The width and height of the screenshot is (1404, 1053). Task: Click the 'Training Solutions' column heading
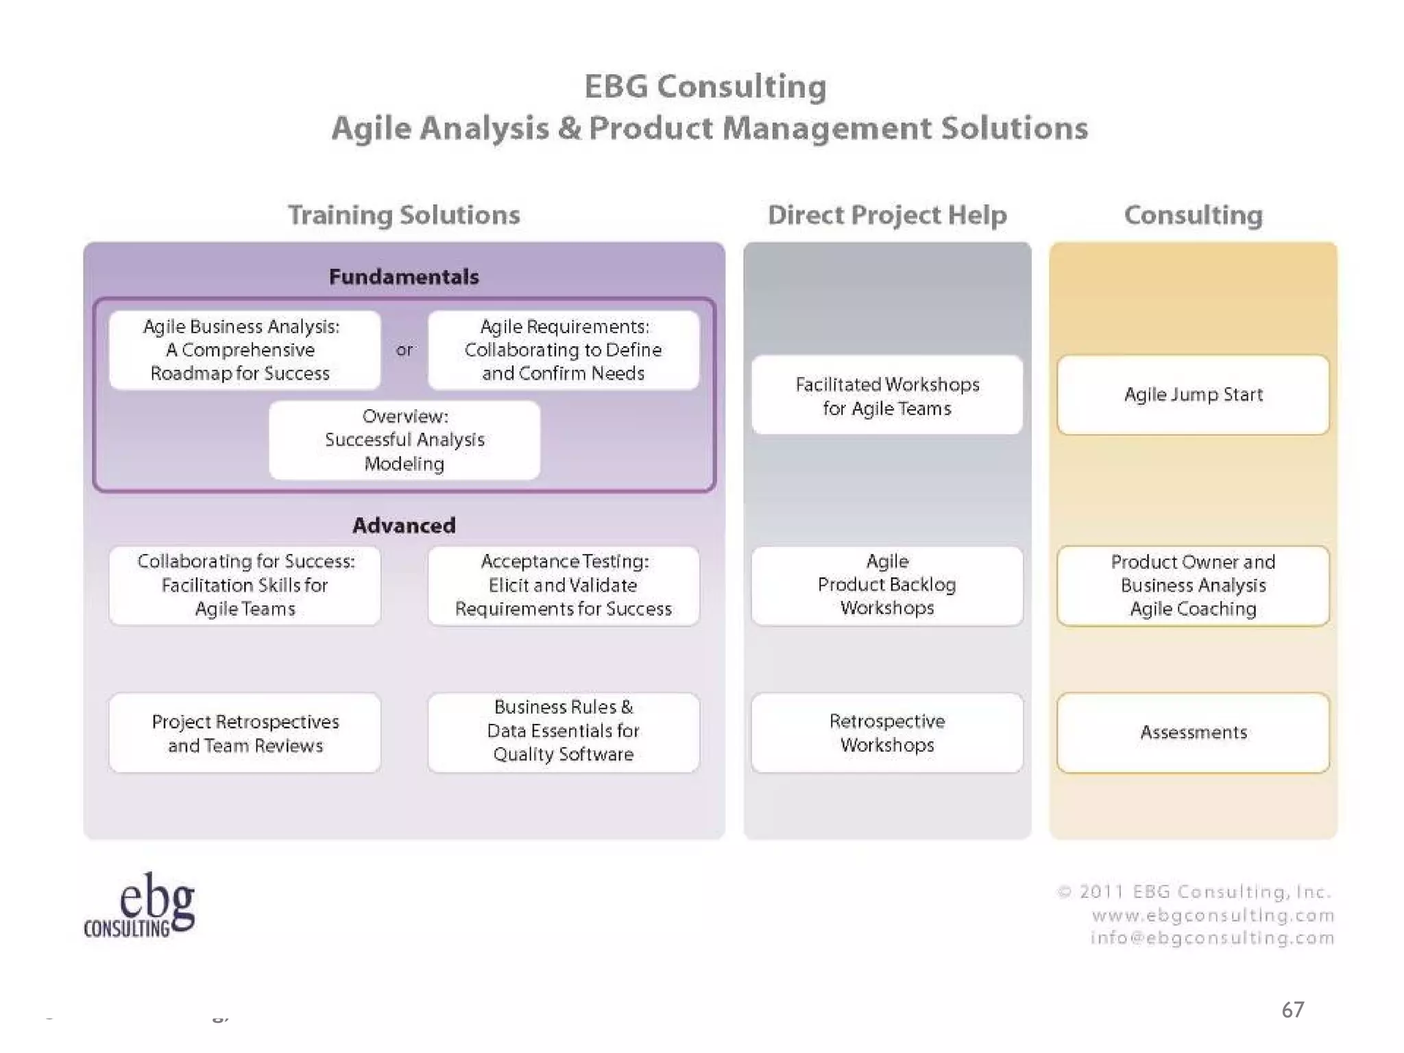(404, 215)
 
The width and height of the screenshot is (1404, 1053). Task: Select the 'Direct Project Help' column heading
(887, 215)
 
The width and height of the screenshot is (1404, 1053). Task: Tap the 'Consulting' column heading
(1193, 215)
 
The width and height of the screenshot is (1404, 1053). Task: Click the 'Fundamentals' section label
(404, 277)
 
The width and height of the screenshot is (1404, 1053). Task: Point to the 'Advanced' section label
(404, 526)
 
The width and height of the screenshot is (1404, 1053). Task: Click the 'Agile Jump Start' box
(1193, 395)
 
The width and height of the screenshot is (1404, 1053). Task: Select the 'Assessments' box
(1193, 732)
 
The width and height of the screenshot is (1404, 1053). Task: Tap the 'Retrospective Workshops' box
(887, 732)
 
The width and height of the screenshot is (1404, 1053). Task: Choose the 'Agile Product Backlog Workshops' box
(887, 585)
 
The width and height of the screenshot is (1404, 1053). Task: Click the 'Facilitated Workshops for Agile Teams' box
(887, 396)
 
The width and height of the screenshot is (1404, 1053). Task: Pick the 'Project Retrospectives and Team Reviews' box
(245, 733)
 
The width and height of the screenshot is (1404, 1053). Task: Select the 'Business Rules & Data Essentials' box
(563, 731)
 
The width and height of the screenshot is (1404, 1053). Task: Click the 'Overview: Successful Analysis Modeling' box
(404, 440)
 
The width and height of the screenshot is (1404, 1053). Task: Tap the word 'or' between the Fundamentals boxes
(404, 350)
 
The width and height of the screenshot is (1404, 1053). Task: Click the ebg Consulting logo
(141, 905)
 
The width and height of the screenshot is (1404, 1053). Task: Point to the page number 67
(1292, 1010)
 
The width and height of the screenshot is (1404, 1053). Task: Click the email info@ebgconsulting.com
(1212, 938)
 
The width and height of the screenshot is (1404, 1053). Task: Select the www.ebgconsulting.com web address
(1213, 915)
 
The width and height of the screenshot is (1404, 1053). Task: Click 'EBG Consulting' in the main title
(705, 87)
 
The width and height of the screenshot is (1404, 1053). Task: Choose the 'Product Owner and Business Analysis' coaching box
(1193, 585)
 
